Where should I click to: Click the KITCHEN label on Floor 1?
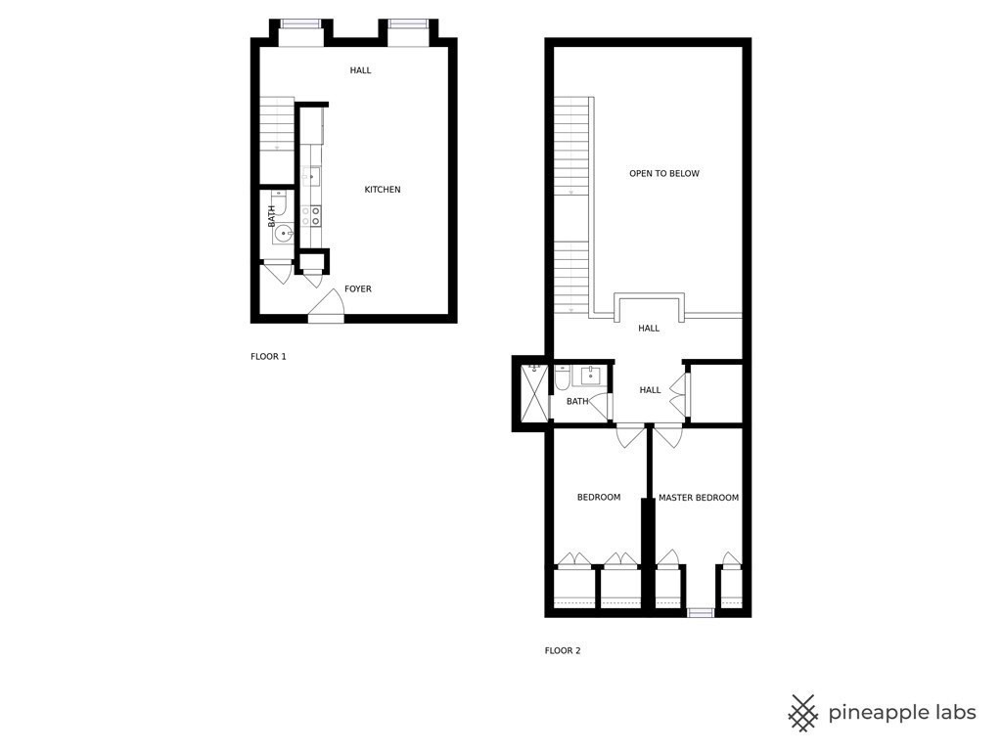[x=383, y=190]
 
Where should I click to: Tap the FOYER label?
[x=357, y=289]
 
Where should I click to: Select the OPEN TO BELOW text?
[x=664, y=174]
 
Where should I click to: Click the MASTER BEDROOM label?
[x=698, y=498]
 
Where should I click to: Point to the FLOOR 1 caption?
[x=268, y=357]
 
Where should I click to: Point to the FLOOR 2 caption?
[x=563, y=650]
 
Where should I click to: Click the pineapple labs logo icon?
[x=803, y=713]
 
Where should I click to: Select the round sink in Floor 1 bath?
[x=283, y=234]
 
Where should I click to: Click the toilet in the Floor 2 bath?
[x=563, y=377]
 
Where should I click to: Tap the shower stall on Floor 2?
[x=534, y=392]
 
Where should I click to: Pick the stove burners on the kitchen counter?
[x=311, y=216]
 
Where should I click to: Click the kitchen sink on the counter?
[x=311, y=177]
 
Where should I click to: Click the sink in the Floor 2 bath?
[x=591, y=375]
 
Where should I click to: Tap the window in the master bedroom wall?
[x=701, y=613]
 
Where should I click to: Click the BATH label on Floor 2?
[x=577, y=402]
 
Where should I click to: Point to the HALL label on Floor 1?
[x=360, y=70]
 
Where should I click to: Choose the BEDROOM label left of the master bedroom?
[x=598, y=498]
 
